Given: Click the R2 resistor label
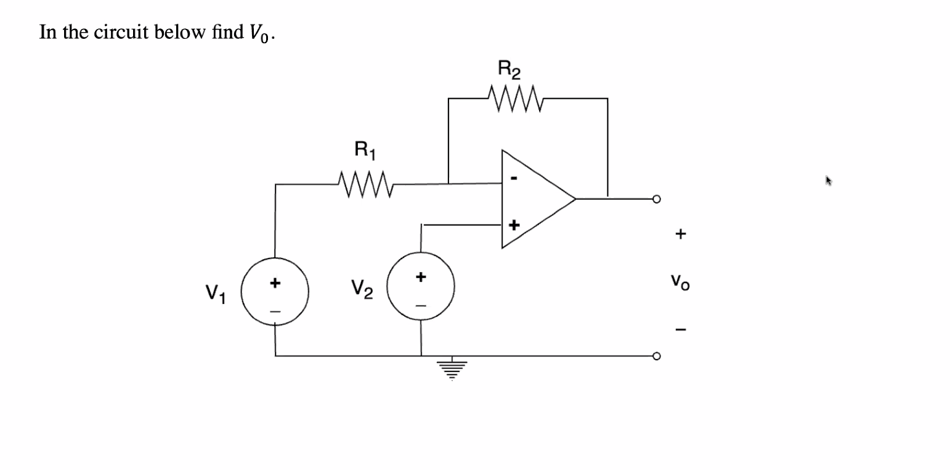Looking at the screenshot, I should click(509, 70).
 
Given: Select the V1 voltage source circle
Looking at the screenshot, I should click(275, 292).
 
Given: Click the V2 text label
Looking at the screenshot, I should click(362, 288).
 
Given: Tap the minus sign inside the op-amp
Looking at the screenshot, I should click(513, 179).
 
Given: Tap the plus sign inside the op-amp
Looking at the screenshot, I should click(514, 223).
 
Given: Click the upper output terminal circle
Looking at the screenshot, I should click(657, 199).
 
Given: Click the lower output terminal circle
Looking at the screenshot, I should click(657, 356).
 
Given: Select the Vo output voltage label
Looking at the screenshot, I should click(680, 282).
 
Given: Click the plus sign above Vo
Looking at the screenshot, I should click(680, 234).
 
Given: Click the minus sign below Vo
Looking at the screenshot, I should click(680, 328).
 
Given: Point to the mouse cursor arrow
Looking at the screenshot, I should click(828, 181).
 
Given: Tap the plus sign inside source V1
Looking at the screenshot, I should click(275, 283).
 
